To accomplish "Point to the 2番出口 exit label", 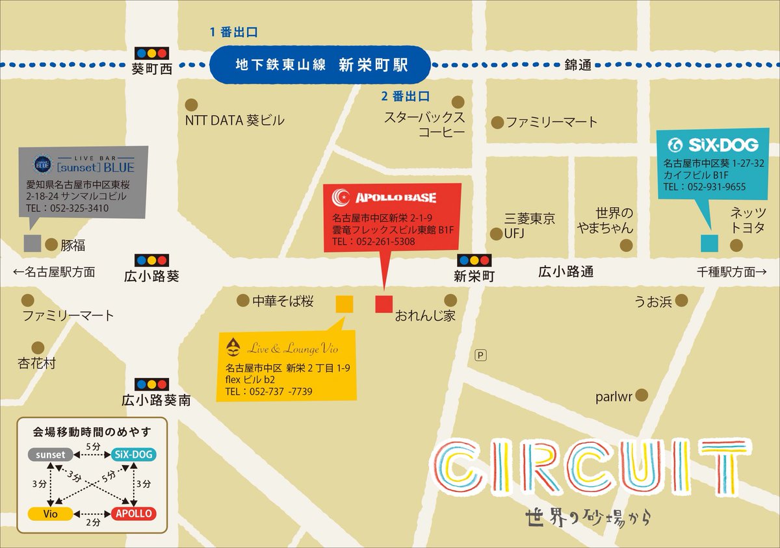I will [406, 97].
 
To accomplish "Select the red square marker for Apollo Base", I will [384, 304].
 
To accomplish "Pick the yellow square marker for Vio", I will [344, 304].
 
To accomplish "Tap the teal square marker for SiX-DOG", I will [709, 243].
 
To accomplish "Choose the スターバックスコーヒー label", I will [424, 125].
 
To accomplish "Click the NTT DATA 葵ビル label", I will [235, 120].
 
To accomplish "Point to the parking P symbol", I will [481, 355].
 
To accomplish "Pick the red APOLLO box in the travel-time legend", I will [133, 514].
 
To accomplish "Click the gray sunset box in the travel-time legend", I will [51, 455].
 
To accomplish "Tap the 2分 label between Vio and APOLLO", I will [93, 521].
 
